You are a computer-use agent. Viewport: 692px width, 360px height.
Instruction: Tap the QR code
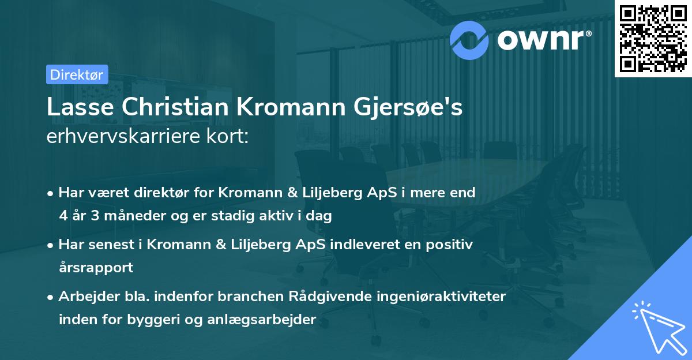click(x=652, y=37)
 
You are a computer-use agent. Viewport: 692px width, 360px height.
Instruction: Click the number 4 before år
click(x=62, y=216)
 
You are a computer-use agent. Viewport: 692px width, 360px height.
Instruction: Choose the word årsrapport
click(x=96, y=268)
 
